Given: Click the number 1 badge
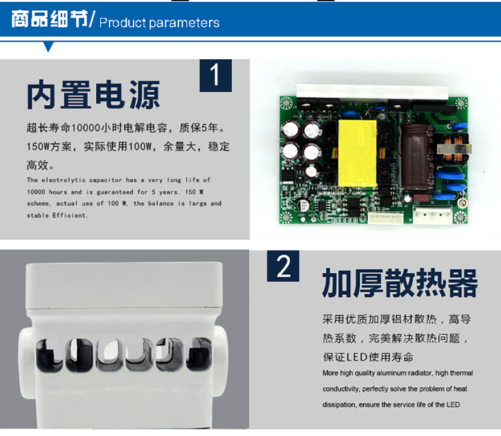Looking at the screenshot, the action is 216,75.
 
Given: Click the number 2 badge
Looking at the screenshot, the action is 283,266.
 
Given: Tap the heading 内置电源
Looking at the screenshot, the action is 93,94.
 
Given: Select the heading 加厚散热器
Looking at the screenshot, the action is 400,283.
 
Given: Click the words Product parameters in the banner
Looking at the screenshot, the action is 159,23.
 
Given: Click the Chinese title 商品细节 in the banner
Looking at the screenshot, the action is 50,19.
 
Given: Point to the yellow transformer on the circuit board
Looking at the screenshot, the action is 357,153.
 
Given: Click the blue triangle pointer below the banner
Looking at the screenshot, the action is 48,47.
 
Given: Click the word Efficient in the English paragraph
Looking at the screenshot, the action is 69,215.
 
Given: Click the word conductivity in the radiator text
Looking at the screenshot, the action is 341,389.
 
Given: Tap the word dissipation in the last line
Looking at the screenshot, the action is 339,405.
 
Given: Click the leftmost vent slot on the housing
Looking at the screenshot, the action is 50,356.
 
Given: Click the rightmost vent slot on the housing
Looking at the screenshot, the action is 199,354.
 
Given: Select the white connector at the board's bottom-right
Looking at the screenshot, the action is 433,215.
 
